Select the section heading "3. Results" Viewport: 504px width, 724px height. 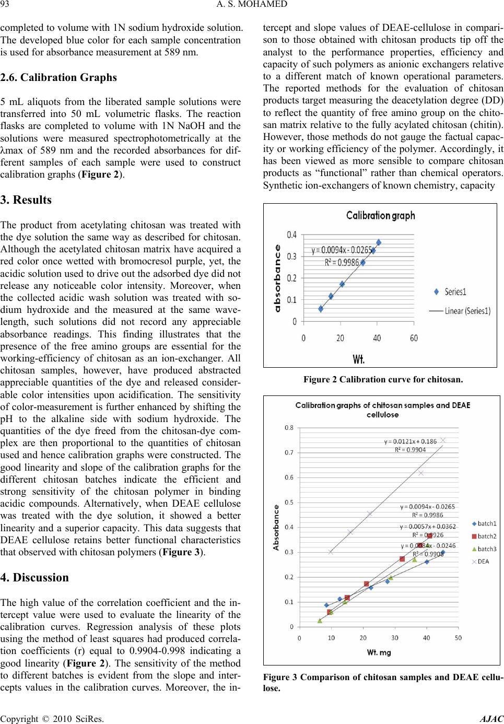26,200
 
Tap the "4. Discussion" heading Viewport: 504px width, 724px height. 34,578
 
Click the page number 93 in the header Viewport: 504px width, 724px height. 5,6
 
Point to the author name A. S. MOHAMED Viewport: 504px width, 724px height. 252,6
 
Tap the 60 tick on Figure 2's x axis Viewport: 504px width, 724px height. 414,338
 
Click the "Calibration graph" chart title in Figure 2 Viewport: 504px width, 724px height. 381,215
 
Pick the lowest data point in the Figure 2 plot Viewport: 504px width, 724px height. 321,309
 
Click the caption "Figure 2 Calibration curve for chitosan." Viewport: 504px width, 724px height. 383,379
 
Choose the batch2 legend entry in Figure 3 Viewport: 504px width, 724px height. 483,536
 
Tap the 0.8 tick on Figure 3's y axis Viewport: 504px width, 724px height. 289,427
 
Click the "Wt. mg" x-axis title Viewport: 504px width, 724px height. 378,652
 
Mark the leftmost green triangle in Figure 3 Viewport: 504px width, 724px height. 320,621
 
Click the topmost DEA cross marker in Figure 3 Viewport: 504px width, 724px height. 442,440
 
